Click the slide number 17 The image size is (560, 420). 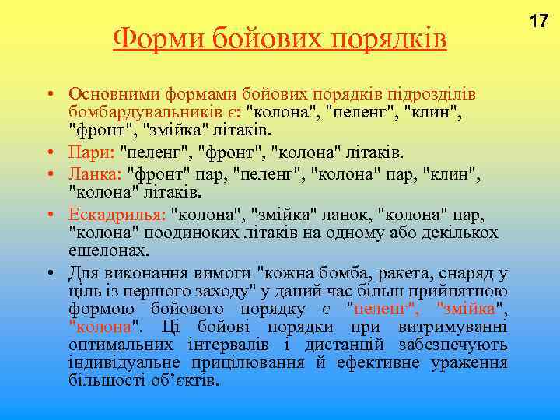click(x=539, y=21)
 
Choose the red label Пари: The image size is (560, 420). click(x=89, y=150)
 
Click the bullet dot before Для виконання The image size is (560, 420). click(x=49, y=273)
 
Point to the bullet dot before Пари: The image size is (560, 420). click(x=49, y=151)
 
